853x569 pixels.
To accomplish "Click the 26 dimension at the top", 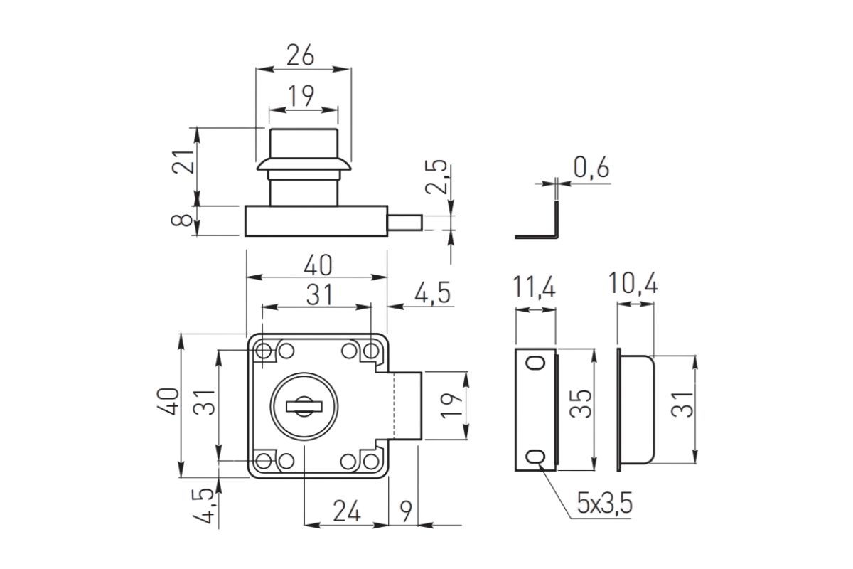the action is (x=301, y=55).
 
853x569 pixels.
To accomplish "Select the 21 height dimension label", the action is (x=183, y=162).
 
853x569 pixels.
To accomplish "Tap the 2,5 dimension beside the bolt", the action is (x=436, y=177).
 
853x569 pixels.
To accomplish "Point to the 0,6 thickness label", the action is (x=591, y=167).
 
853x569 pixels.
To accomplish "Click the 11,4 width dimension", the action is (x=535, y=286).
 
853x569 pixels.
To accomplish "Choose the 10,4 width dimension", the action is (x=633, y=283).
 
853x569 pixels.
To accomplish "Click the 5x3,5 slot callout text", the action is (x=605, y=504).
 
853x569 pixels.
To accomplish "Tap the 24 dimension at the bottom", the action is (x=347, y=511).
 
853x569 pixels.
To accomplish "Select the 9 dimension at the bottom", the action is (x=406, y=511).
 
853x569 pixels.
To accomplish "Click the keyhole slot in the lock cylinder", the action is (x=304, y=407).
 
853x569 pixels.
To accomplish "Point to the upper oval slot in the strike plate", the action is (x=535, y=363).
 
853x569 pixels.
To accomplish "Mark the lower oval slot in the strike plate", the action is (x=535, y=456).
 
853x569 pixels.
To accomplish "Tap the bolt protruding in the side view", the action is (x=404, y=223).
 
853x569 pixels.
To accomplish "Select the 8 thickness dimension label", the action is (x=182, y=220).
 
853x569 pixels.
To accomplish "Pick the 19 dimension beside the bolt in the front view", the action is (x=451, y=405).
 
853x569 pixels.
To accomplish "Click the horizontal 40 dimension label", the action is (x=318, y=265).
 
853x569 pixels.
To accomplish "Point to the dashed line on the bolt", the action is (x=394, y=405).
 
